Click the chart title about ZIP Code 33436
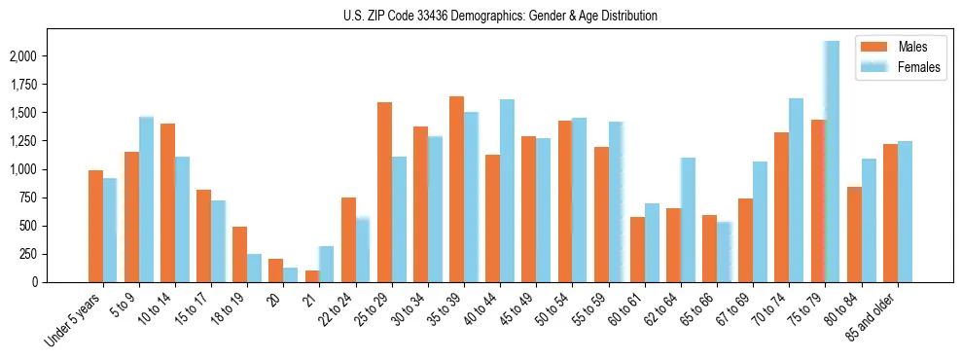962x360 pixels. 500,16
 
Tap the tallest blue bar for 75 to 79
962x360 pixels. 832,162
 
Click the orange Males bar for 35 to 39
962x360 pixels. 456,190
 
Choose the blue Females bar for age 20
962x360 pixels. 291,274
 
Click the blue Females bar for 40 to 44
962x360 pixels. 507,191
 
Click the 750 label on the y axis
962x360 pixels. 29,198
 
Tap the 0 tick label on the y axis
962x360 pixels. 34,282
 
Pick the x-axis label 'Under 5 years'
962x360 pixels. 76,321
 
